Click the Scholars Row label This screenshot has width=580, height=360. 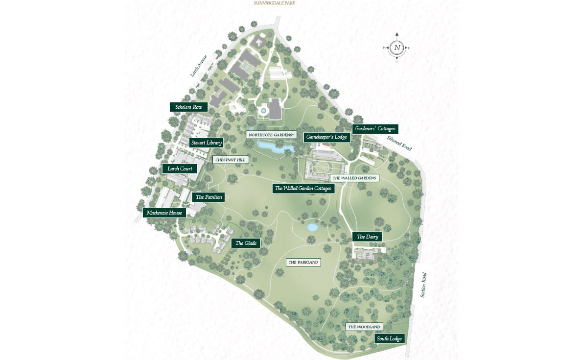click(x=188, y=107)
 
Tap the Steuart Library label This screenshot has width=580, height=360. click(x=206, y=143)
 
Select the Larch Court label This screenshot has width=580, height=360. click(x=180, y=169)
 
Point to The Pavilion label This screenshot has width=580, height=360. click(x=209, y=197)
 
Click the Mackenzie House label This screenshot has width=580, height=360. click(x=164, y=213)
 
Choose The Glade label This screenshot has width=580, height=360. click(x=246, y=243)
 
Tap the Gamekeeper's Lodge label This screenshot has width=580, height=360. click(x=327, y=137)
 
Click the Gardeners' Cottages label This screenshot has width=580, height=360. click(x=375, y=129)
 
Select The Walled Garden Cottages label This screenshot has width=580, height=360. click(x=303, y=188)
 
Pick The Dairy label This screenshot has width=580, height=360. click(x=367, y=237)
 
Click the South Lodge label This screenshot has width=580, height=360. click(x=390, y=339)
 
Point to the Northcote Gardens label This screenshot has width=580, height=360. click(x=271, y=134)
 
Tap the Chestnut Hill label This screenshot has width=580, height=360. click(x=231, y=160)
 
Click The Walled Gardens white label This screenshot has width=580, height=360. click(x=354, y=178)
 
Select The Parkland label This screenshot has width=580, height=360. click(x=303, y=263)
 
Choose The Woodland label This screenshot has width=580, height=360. click(x=364, y=327)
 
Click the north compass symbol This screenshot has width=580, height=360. click(x=397, y=48)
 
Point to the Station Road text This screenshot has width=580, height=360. click(x=423, y=285)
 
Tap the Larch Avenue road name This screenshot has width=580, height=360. click(x=199, y=66)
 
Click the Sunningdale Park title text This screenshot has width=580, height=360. click(x=275, y=3)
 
